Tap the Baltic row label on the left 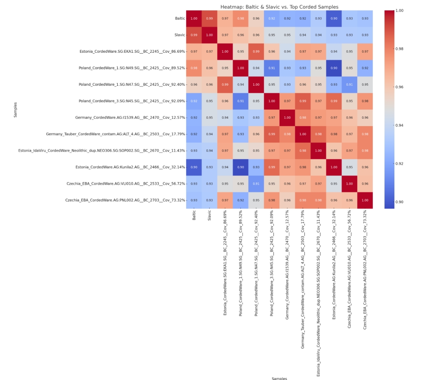tap(180, 19)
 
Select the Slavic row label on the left tap(180, 35)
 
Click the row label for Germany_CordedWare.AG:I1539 tap(130, 117)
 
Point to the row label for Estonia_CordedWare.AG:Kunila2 tap(130, 167)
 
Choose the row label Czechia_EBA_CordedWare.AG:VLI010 tap(126, 183)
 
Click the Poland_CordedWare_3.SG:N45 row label tap(132, 101)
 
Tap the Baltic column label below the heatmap tap(194, 216)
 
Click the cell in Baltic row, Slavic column tap(209, 19)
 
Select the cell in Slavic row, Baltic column tap(194, 35)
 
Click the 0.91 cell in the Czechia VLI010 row tap(256, 183)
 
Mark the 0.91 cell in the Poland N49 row tap(272, 68)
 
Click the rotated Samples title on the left tap(16, 110)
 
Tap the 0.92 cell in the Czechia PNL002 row tap(241, 200)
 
